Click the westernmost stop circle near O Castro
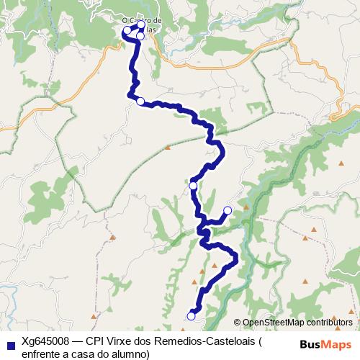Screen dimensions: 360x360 127,31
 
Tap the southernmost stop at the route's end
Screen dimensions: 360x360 191,316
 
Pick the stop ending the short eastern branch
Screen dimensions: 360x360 228,210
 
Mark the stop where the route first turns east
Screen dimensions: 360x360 140,102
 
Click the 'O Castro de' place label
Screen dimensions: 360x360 142,21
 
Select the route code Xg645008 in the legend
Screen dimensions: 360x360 45,342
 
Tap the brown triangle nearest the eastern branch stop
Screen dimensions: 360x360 246,208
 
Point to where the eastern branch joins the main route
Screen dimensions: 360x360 204,219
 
